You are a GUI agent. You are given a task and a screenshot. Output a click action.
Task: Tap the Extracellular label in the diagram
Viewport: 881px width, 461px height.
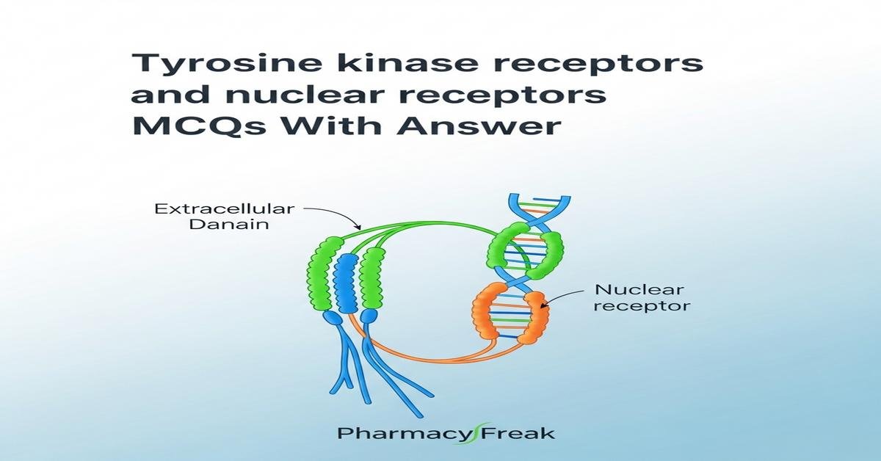224,209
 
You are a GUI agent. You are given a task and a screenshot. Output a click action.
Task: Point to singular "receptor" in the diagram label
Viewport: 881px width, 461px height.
641,305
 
